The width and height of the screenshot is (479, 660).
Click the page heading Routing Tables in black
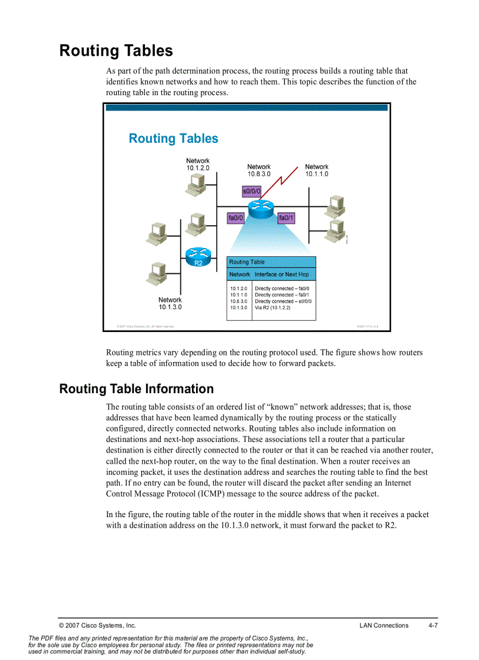pos(116,51)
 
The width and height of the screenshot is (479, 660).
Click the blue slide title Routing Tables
pos(173,139)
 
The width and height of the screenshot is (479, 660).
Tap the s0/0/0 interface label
pos(251,191)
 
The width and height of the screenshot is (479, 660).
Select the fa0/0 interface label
pos(235,218)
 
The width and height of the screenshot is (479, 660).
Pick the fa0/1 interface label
pos(286,218)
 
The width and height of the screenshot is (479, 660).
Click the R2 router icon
pos(198,256)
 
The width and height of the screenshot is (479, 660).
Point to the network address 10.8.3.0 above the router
pos(259,174)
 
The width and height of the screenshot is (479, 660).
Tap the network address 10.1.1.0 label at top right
pos(316,174)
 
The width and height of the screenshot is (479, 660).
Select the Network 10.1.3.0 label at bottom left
pos(170,303)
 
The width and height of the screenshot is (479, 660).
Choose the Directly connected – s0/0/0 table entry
pos(283,301)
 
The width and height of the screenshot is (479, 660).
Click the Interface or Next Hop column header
pos(281,274)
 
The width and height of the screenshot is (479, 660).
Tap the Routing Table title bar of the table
pos(271,262)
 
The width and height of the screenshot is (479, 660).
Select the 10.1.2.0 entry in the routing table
pos(238,289)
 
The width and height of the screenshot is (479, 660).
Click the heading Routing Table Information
pos(136,389)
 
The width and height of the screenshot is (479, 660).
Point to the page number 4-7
pos(433,625)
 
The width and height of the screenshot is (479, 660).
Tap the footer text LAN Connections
pos(384,625)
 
